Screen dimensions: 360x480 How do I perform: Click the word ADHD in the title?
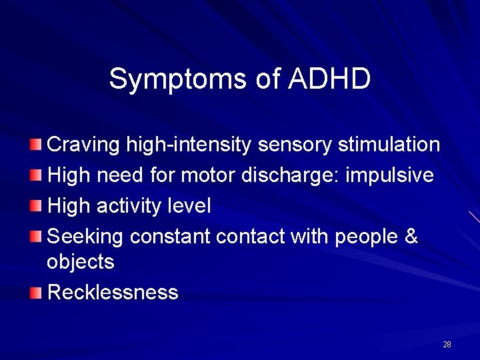329,79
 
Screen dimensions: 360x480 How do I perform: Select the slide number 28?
447,345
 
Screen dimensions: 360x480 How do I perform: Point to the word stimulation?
389,144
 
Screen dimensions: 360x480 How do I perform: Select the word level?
187,207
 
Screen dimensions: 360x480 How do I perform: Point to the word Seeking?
87,237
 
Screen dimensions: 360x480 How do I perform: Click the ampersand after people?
411,237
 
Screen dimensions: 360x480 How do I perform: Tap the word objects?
81,262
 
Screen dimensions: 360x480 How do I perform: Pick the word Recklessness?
113,293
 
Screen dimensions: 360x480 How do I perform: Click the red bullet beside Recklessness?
36,292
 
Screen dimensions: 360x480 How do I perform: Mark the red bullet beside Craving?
36,144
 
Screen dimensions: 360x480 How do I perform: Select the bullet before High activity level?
36,206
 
